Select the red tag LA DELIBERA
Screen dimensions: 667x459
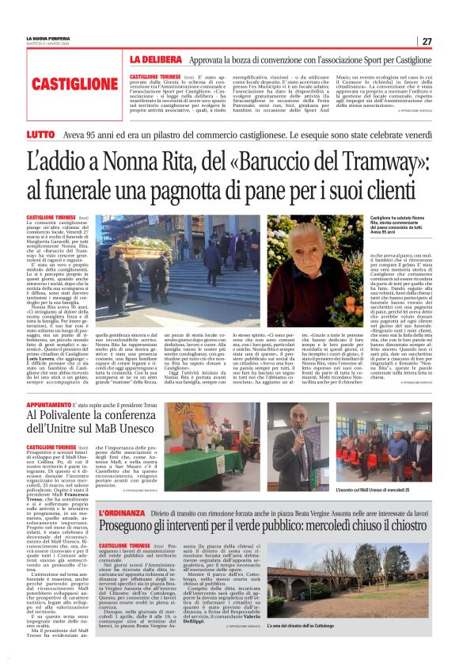pyautogui.click(x=156, y=59)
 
